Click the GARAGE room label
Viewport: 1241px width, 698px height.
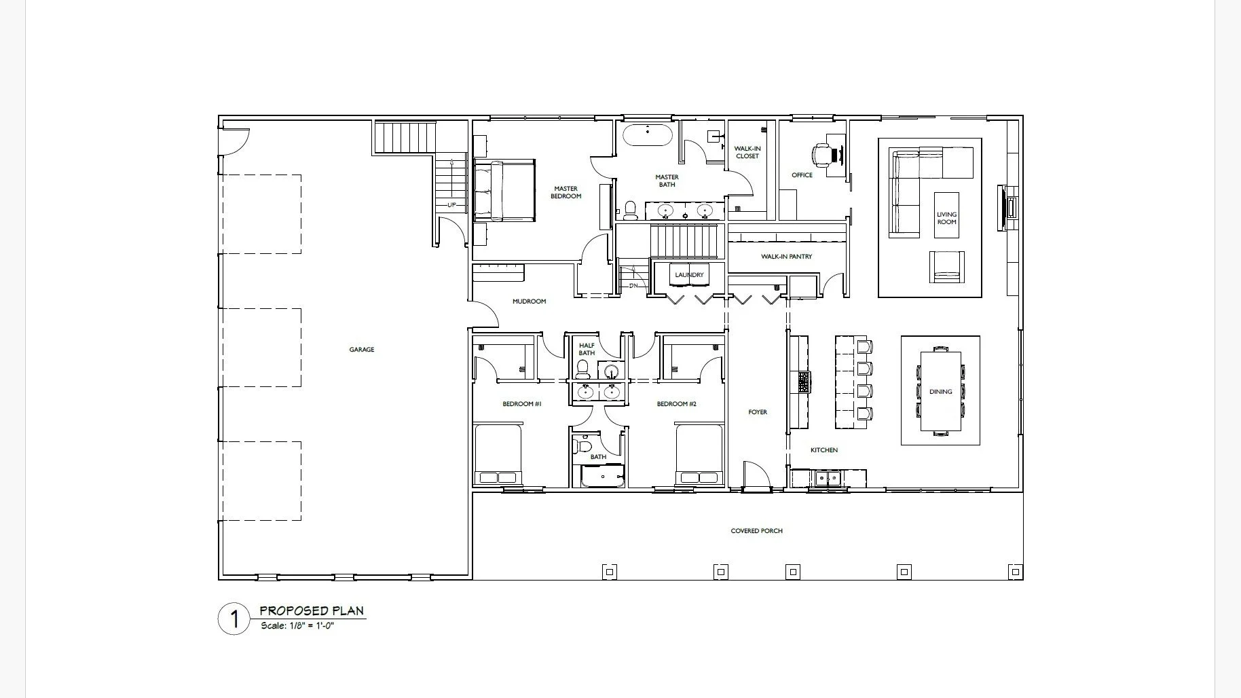(x=362, y=350)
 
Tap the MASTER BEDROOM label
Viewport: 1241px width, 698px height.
(x=566, y=193)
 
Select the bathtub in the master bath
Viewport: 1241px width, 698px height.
(x=648, y=135)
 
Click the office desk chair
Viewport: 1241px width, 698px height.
(x=823, y=155)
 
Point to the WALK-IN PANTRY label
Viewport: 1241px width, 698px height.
(x=787, y=257)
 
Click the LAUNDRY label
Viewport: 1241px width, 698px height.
(x=689, y=275)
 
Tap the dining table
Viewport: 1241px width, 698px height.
(x=941, y=391)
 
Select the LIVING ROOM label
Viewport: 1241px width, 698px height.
(x=947, y=218)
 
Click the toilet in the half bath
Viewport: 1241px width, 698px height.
(x=582, y=369)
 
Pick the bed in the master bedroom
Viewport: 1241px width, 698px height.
(x=504, y=191)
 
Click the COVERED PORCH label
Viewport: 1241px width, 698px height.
(x=757, y=531)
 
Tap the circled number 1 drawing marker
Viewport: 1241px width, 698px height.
(x=234, y=619)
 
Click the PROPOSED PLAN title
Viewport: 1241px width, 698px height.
(x=312, y=610)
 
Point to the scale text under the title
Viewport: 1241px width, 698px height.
(x=297, y=625)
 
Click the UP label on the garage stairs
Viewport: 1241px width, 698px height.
(x=451, y=205)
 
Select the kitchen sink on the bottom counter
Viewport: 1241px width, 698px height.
(x=827, y=478)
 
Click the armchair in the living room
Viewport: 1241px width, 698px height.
(x=947, y=266)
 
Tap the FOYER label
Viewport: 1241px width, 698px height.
(x=758, y=412)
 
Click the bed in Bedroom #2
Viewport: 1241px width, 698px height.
(x=699, y=454)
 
